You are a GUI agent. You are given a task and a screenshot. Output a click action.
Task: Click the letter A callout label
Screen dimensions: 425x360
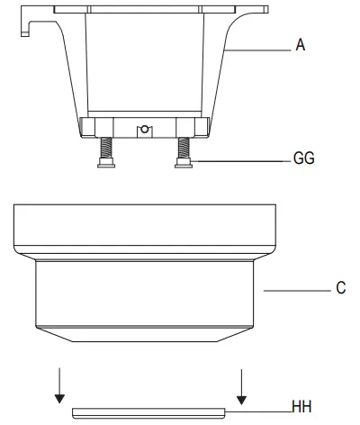pos(301,44)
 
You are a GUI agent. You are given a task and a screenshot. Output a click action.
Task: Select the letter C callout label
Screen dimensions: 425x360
pos(341,289)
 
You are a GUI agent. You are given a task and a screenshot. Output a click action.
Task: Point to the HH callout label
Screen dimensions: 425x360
pos(302,407)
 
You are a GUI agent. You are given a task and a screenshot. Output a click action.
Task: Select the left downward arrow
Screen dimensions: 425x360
pos(59,385)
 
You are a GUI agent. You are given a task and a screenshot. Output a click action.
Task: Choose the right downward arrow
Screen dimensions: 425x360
pos(240,385)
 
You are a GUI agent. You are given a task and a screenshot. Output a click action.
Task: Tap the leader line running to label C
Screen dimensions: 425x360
pos(297,290)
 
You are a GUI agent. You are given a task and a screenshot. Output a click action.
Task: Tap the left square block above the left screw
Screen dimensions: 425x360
pos(91,125)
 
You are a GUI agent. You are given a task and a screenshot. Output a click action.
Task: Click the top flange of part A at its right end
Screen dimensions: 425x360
pos(256,10)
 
